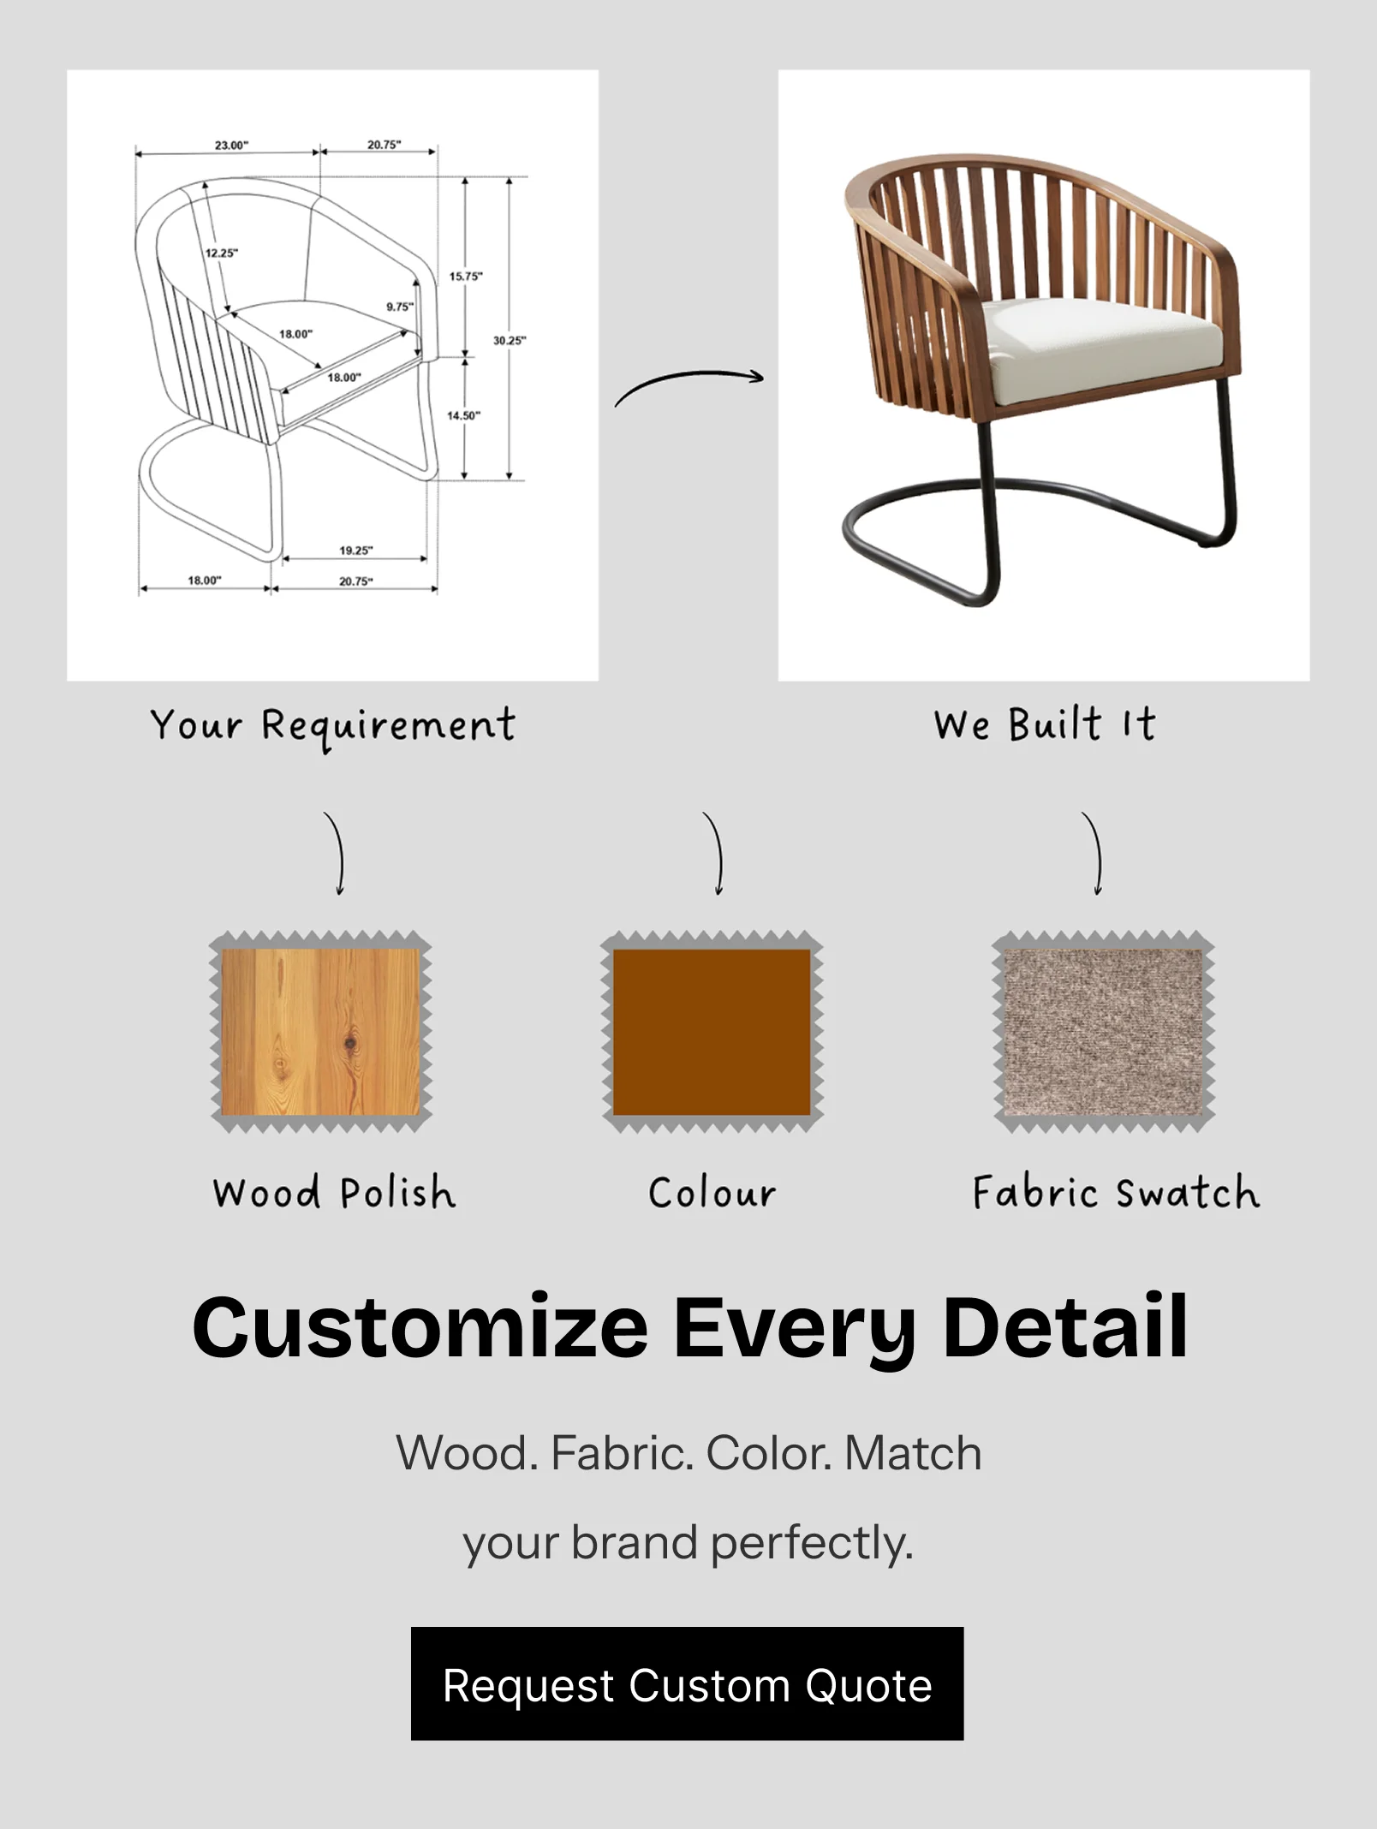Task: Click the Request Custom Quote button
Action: click(x=687, y=1684)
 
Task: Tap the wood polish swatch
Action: click(x=321, y=1032)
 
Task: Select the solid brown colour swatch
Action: click(x=712, y=1032)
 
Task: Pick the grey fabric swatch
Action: click(x=1103, y=1032)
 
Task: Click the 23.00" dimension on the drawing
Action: click(x=231, y=145)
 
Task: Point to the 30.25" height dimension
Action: click(x=510, y=340)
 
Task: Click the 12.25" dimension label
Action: click(x=222, y=253)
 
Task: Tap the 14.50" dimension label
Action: click(x=464, y=415)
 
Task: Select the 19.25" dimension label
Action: click(x=356, y=550)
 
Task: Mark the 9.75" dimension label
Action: click(x=399, y=307)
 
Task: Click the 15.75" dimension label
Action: click(x=466, y=276)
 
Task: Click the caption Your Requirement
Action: click(x=333, y=727)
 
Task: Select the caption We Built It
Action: click(x=1045, y=724)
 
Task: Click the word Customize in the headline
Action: click(x=420, y=1328)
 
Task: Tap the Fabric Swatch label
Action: click(x=1116, y=1192)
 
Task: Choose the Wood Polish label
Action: click(x=334, y=1192)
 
